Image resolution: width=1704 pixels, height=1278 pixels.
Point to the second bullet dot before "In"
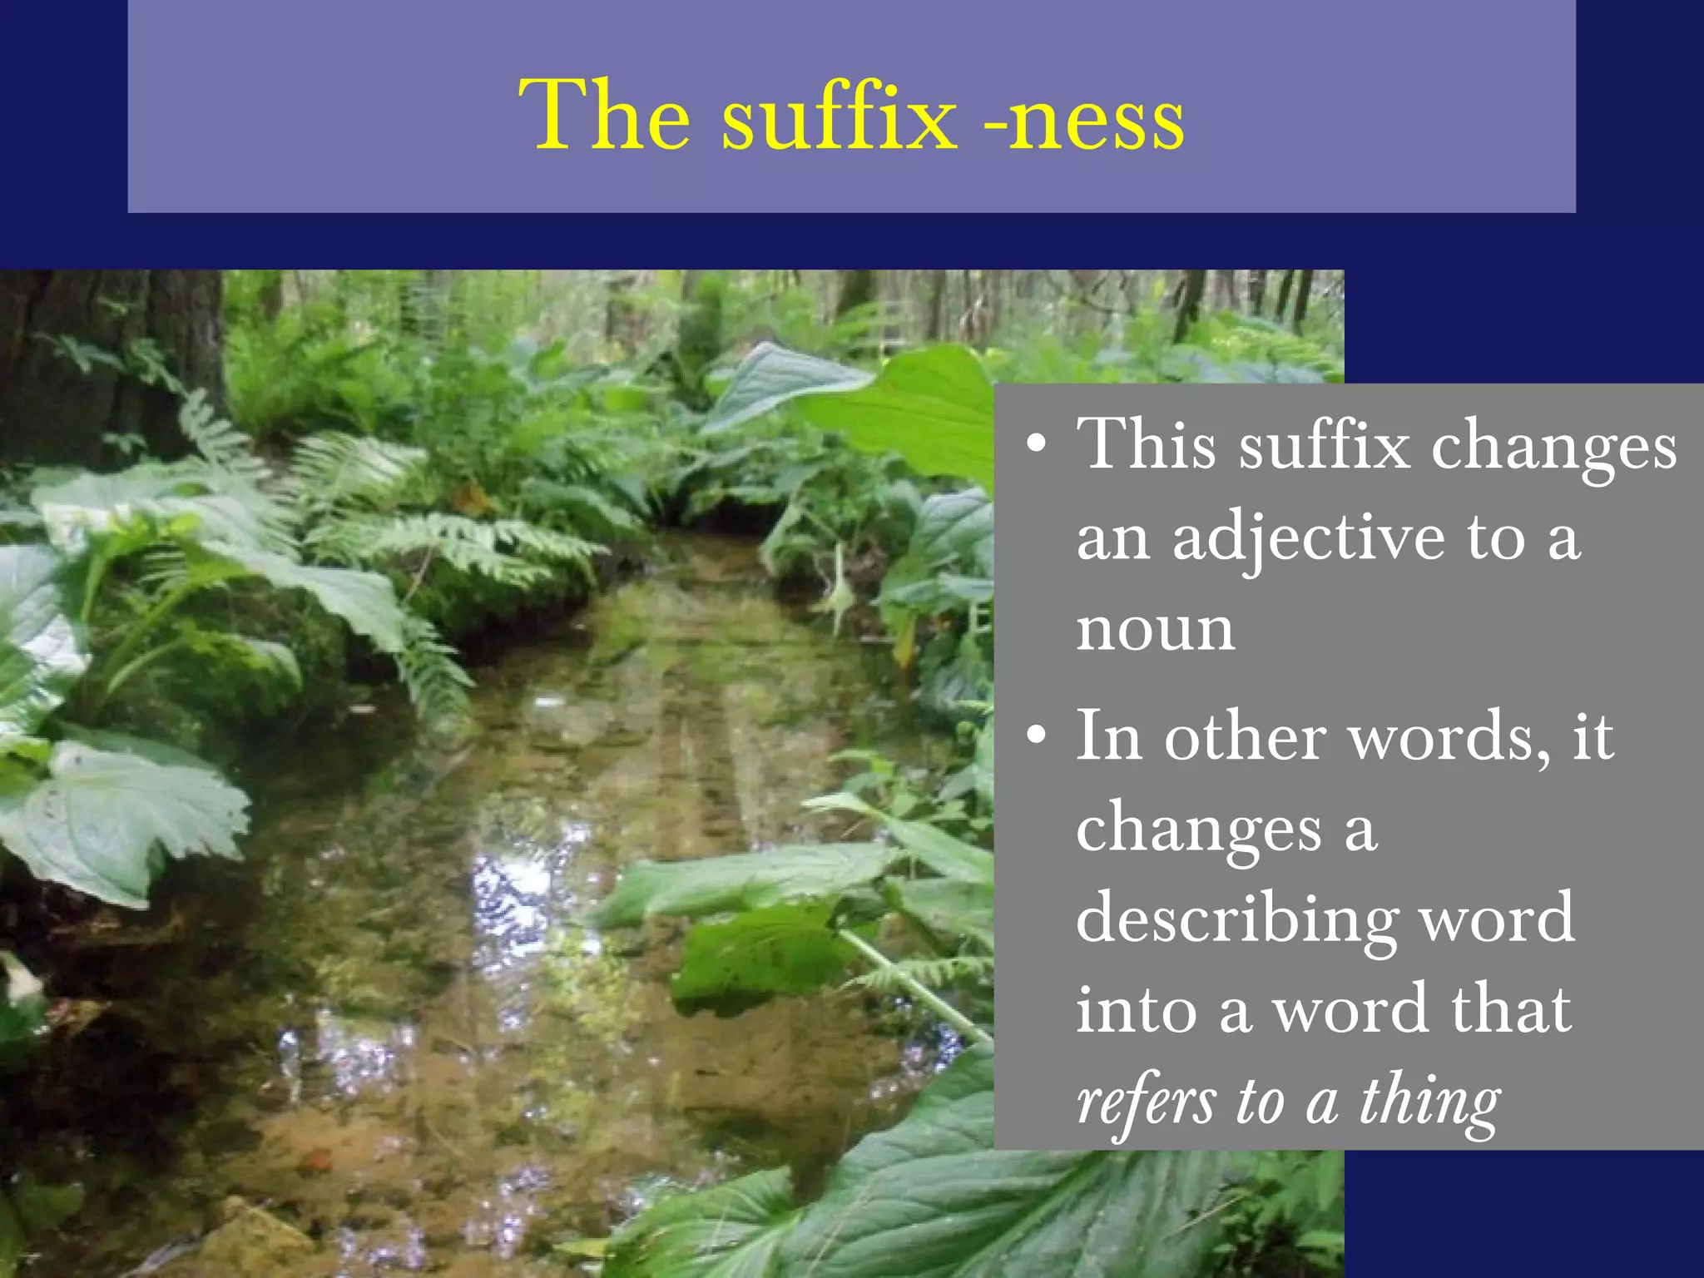(x=1036, y=736)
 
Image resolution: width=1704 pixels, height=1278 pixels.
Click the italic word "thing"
(x=1429, y=1102)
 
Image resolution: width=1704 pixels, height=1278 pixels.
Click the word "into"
(x=1136, y=1009)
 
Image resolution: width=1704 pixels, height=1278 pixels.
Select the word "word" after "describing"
(x=1495, y=919)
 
